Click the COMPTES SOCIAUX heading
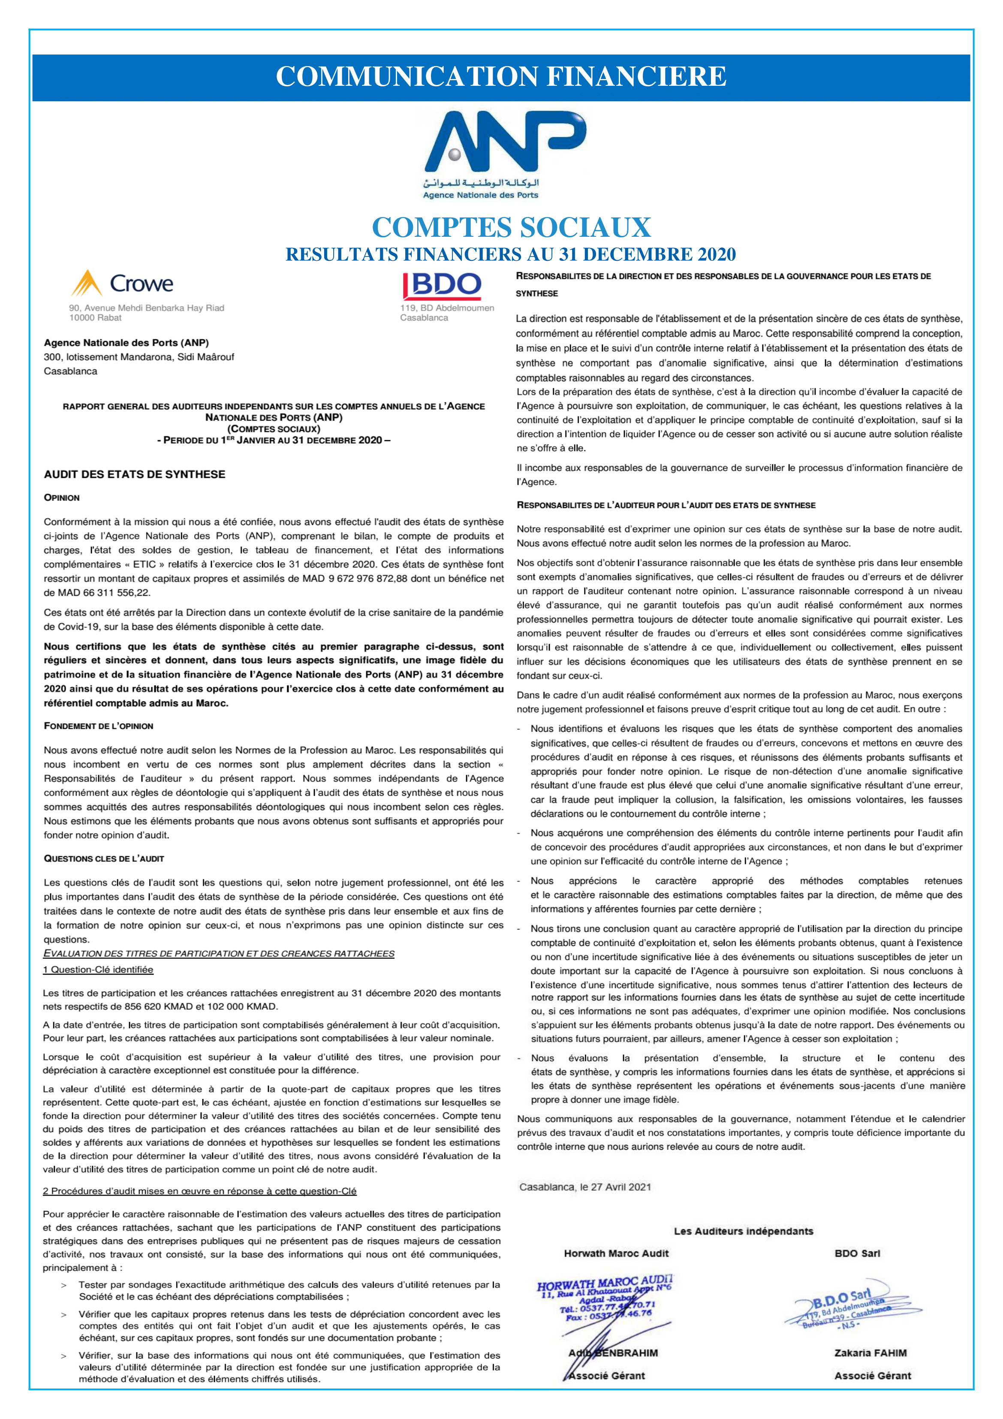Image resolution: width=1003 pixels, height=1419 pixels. point(511,227)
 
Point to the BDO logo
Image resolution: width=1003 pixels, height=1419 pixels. point(441,286)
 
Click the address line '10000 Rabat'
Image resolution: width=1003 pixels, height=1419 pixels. point(95,318)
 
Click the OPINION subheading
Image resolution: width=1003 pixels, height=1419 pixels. point(62,498)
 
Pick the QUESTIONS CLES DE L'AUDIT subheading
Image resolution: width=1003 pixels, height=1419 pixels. point(104,858)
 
